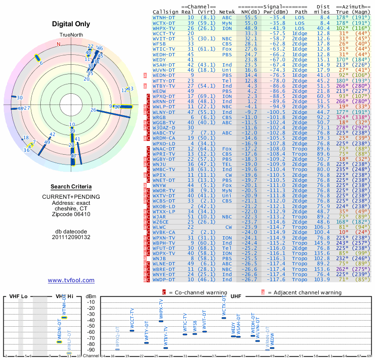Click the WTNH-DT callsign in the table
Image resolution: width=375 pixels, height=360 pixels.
164,17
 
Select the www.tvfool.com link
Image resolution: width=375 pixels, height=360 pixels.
71,280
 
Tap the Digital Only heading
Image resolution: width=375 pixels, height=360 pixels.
71,24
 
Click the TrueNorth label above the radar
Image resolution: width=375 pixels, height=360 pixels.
70,36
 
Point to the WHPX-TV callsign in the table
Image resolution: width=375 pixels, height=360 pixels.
164,28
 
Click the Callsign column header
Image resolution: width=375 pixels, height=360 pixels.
164,11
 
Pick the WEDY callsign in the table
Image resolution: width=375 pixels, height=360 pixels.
159,60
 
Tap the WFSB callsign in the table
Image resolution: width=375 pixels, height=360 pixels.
159,44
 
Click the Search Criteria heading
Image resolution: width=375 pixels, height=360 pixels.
71,187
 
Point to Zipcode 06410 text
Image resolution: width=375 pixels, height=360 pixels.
71,214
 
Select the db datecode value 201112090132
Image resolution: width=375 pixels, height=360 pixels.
71,237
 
